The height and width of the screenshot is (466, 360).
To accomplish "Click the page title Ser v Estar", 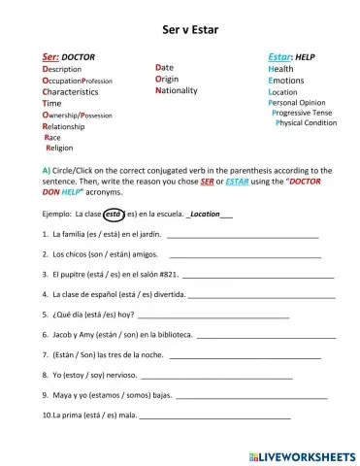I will tap(180, 30).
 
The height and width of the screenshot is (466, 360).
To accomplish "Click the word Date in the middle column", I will tap(165, 67).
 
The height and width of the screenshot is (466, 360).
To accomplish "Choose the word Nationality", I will tap(177, 89).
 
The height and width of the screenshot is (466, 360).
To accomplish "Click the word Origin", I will tap(168, 79).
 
